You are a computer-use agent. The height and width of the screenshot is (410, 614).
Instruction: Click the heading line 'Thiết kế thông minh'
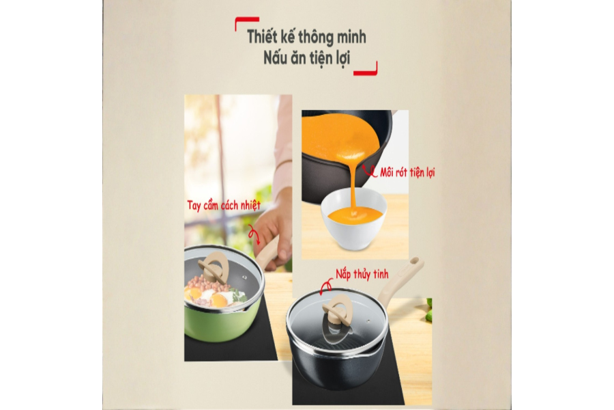[x=306, y=36]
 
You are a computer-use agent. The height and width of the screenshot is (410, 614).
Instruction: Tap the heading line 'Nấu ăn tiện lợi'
[x=306, y=58]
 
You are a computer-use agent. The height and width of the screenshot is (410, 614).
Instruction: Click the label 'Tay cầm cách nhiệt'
[x=224, y=205]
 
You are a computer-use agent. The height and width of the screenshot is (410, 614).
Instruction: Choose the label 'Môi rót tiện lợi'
[x=407, y=172]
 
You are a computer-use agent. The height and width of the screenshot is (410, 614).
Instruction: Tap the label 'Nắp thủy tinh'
[x=362, y=274]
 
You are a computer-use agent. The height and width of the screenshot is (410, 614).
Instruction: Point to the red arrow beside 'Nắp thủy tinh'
[x=325, y=288]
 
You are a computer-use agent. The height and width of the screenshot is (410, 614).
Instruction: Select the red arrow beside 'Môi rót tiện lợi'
[x=368, y=171]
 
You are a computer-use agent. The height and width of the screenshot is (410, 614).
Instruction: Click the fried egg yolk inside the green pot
[x=219, y=300]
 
